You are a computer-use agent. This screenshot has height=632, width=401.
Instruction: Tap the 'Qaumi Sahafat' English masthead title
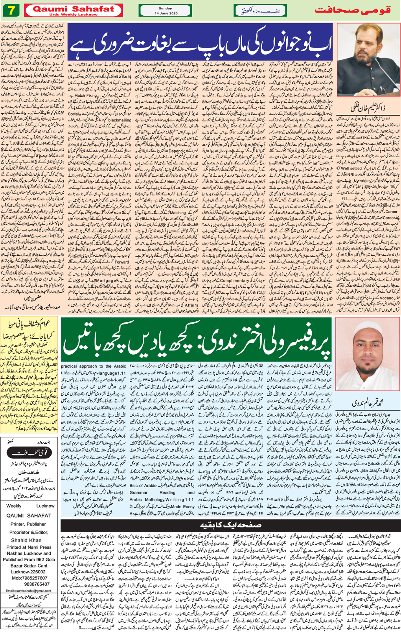coord(73,9)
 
